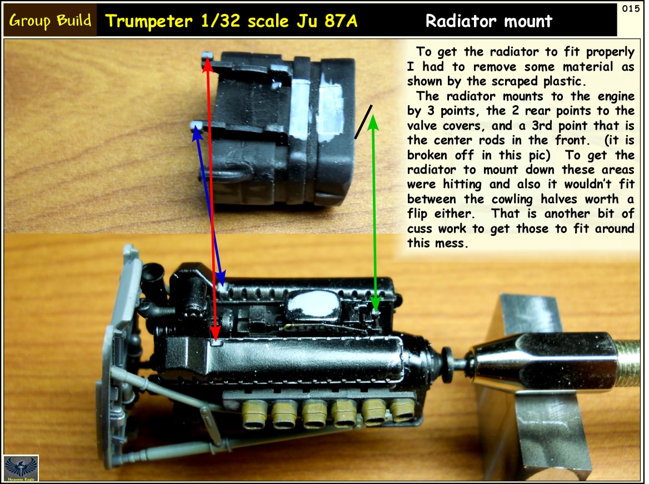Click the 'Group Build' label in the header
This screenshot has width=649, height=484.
point(50,21)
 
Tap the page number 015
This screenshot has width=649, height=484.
point(631,9)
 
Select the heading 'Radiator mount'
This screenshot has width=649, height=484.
point(489,21)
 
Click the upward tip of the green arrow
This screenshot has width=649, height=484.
point(373,116)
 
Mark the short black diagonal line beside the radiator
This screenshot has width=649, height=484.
point(363,122)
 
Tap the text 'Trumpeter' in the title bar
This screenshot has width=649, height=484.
point(149,21)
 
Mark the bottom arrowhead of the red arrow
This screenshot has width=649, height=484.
point(215,335)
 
